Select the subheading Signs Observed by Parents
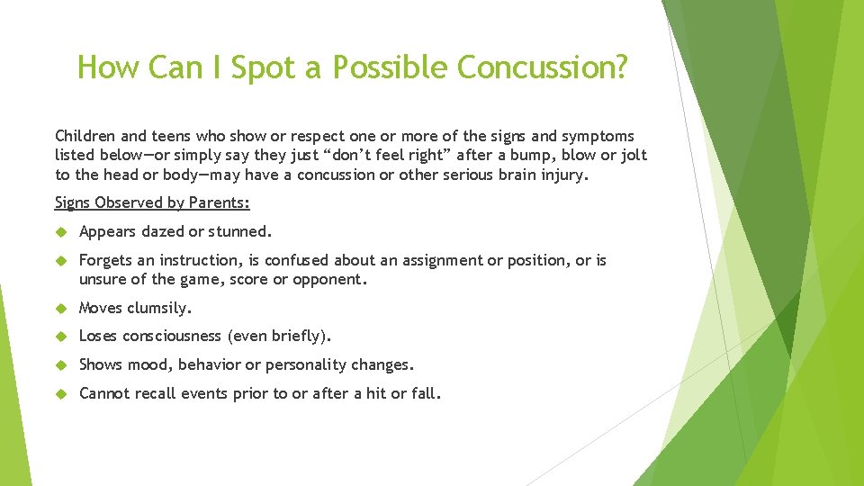pos(152,202)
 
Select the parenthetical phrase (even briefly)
pos(280,337)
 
